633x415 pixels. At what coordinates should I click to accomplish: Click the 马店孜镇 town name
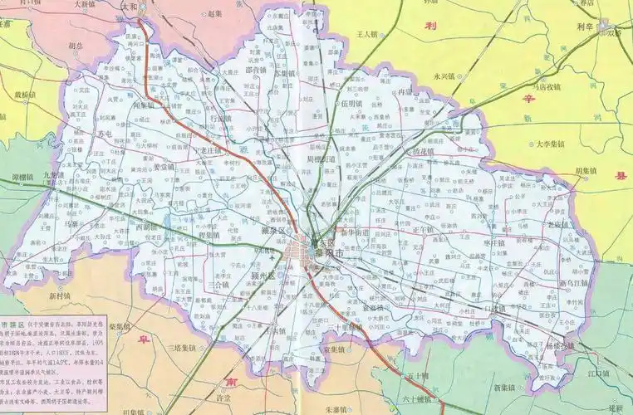(x=547, y=85)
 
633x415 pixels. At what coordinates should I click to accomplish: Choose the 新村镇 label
(x=61, y=295)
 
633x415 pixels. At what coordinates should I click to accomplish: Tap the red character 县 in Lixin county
(x=617, y=175)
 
